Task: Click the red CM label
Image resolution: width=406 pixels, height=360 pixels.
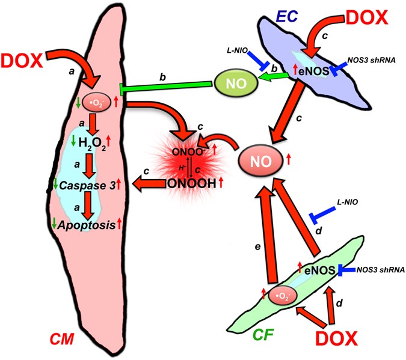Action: point(61,340)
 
